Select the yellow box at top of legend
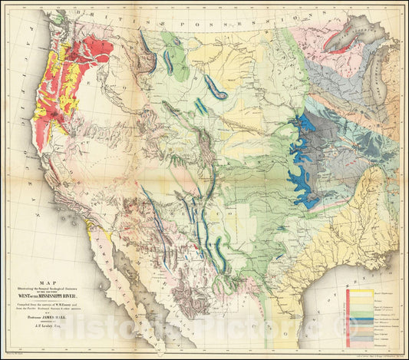358,292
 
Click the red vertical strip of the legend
348,315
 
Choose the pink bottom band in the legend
358,342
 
